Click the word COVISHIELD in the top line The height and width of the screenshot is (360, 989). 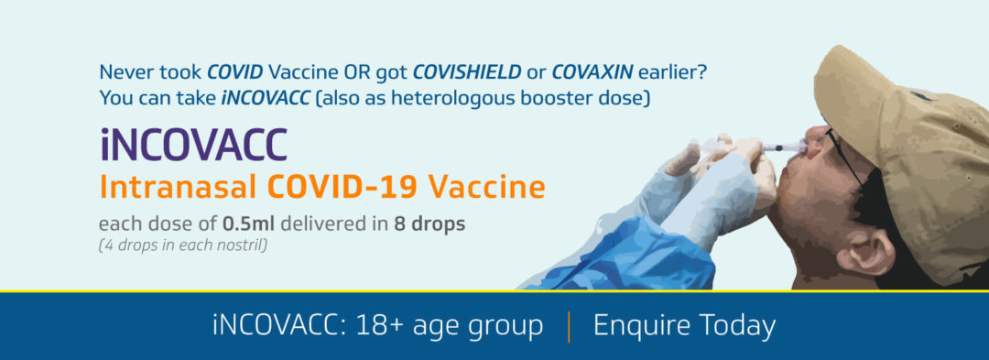click(x=467, y=72)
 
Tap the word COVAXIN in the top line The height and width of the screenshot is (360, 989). click(x=592, y=72)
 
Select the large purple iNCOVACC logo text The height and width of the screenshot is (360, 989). click(x=193, y=144)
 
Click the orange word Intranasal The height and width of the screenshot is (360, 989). click(x=179, y=188)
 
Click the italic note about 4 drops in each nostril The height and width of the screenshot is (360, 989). click(x=183, y=245)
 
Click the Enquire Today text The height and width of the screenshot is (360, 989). click(x=684, y=327)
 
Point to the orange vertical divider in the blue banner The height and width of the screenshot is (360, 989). click(x=569, y=327)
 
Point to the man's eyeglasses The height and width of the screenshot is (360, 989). click(x=844, y=155)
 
